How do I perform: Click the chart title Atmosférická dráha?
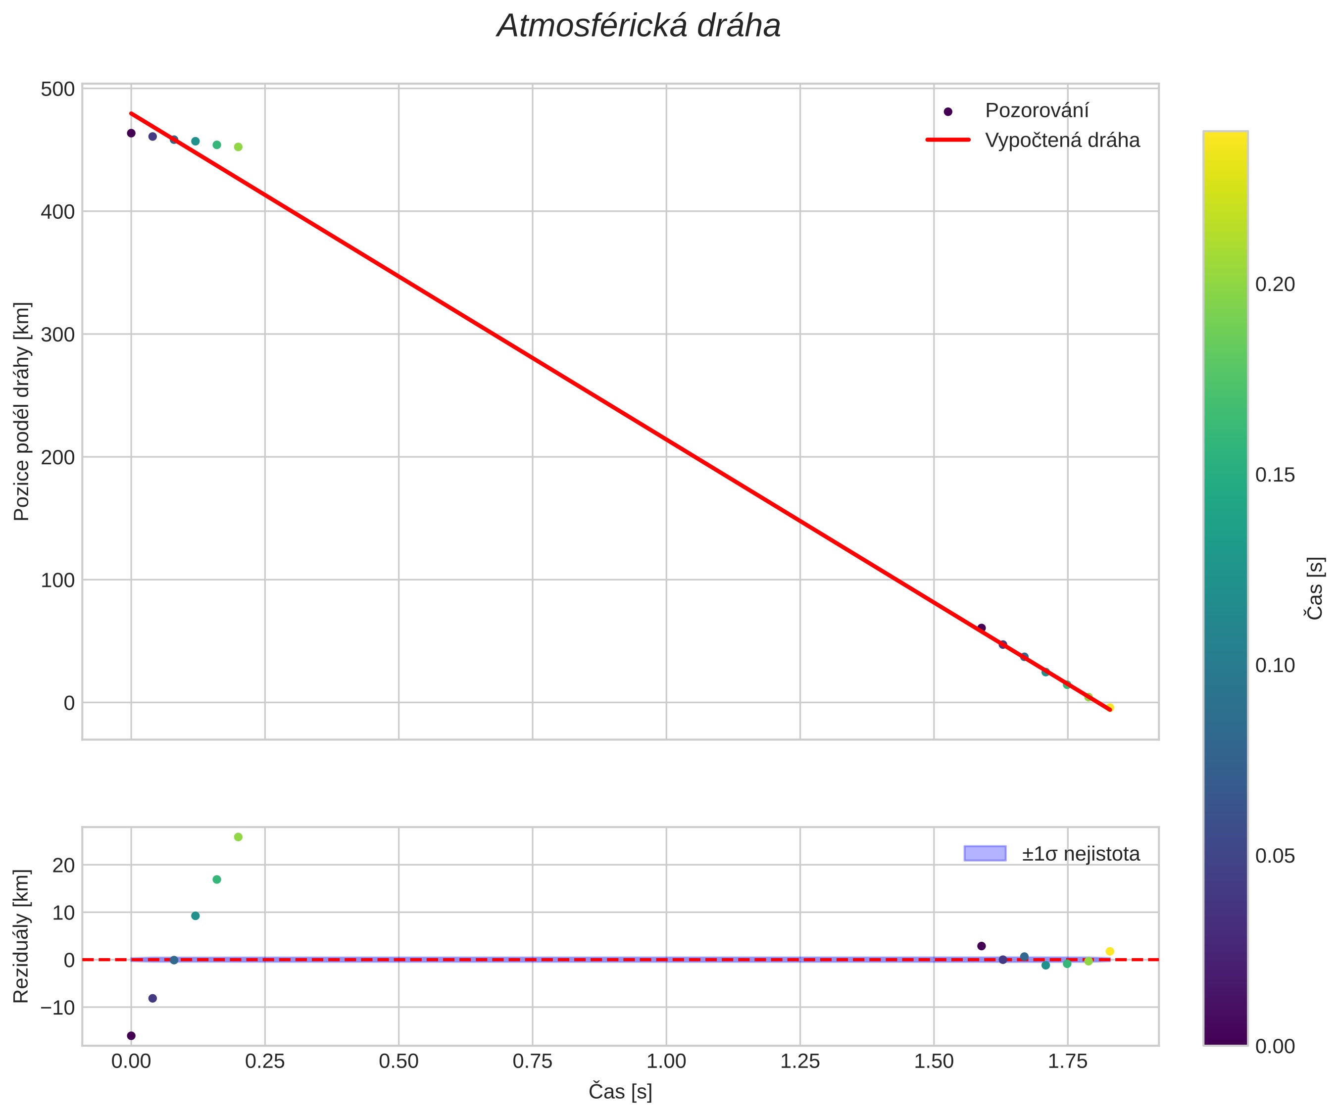[639, 27]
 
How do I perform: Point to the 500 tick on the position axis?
[58, 89]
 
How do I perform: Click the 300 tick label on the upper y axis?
[58, 335]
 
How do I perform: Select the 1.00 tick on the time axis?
[666, 1062]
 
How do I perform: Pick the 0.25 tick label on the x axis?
[264, 1062]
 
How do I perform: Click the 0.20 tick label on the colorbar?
[1275, 285]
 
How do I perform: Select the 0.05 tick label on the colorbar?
[1275, 856]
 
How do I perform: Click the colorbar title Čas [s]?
[1314, 588]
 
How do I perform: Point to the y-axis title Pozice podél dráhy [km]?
[22, 412]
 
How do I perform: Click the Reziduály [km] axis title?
[22, 936]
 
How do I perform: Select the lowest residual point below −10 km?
[131, 1036]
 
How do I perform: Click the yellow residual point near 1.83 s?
[1110, 952]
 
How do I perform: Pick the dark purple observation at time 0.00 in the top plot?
[131, 133]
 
